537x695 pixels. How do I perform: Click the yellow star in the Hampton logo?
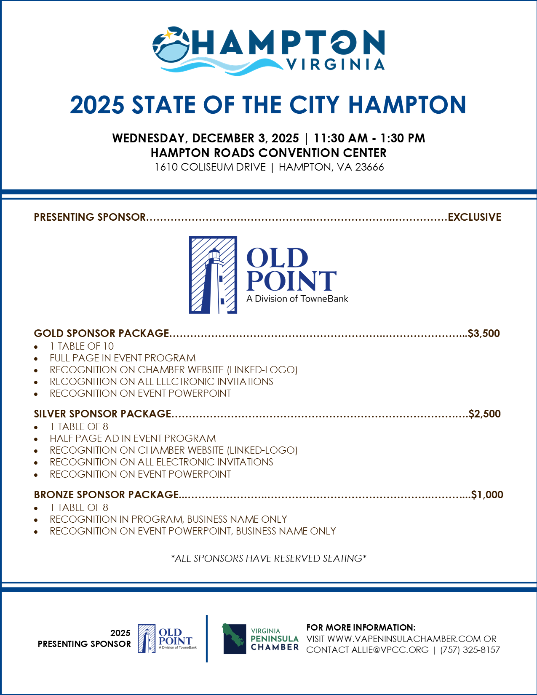tap(168, 34)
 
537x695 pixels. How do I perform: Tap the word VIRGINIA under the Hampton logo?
tap(335, 64)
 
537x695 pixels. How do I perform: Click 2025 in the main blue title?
tap(97, 105)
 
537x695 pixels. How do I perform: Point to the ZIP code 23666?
tap(369, 167)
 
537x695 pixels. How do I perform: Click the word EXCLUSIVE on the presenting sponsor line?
tap(474, 217)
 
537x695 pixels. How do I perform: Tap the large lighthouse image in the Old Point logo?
tap(213, 275)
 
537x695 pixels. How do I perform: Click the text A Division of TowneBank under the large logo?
tap(297, 299)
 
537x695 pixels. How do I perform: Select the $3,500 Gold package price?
tap(484, 334)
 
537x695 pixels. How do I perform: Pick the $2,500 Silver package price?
tap(485, 414)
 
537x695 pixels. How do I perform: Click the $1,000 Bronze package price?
tap(487, 495)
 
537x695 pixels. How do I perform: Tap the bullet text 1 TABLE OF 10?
tap(82, 346)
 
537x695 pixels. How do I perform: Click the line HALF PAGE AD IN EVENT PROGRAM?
tap(133, 438)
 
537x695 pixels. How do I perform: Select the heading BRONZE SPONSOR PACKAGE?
tap(107, 495)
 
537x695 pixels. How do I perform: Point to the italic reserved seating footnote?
tap(269, 559)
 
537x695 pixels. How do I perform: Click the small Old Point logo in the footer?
tap(167, 639)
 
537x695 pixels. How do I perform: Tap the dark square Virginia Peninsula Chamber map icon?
tap(234, 639)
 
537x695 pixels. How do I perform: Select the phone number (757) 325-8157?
tap(470, 650)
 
